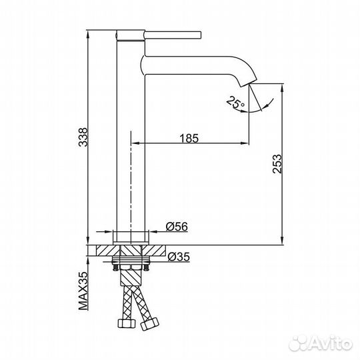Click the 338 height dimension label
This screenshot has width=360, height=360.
(x=81, y=137)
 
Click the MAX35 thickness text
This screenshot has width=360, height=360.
(x=81, y=291)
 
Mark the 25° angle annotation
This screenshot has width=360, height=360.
(x=234, y=103)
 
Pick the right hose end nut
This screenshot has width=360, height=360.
(x=151, y=325)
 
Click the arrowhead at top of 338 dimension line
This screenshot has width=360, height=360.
(x=89, y=32)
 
